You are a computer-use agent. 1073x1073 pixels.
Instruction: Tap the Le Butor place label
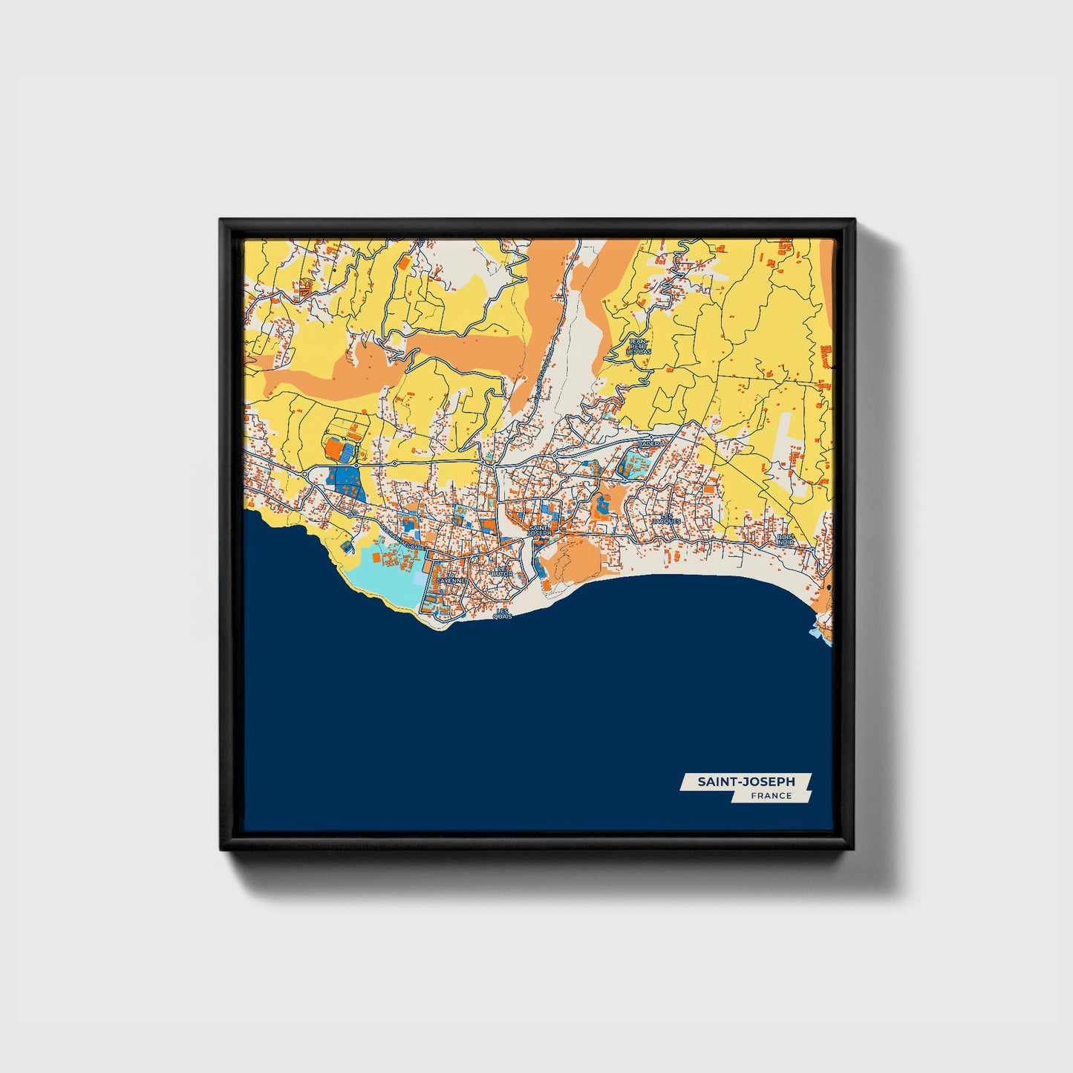point(505,572)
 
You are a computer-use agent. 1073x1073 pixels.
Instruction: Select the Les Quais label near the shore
point(503,613)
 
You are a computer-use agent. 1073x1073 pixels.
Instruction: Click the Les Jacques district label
point(666,519)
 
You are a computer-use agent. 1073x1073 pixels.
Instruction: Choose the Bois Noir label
point(784,539)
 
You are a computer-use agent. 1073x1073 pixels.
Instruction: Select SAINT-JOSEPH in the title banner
point(746,781)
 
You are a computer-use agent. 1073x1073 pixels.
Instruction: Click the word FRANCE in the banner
point(771,796)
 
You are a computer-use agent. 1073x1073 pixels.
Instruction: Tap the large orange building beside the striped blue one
point(333,448)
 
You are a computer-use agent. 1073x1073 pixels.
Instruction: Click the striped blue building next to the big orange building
point(347,450)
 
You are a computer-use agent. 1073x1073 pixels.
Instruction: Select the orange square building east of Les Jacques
point(711,490)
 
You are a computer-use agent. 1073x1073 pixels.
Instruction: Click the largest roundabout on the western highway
point(306,472)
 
